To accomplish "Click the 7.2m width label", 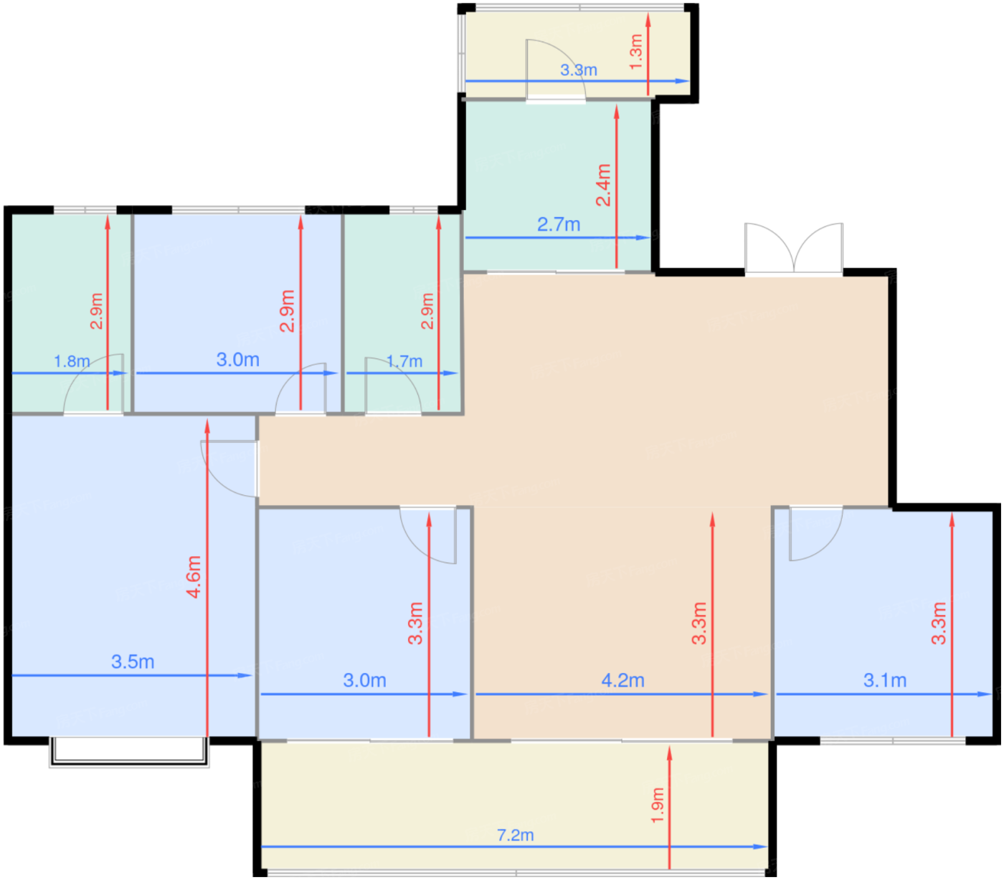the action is pos(515,835).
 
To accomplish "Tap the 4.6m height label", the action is pos(194,576).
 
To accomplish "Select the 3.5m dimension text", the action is pos(133,661).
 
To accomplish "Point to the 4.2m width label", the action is pos(622,681).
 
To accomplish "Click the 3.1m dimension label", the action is pos(884,681).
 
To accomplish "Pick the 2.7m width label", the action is pos(559,224).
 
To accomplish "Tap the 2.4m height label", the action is pos(603,185).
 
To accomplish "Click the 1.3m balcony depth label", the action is pos(636,52).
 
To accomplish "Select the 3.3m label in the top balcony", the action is pos(578,70).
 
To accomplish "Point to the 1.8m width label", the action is pos(72,361).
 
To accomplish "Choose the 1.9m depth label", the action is pos(657,805).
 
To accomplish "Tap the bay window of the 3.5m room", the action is pos(129,752).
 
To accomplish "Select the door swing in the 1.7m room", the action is pos(393,386).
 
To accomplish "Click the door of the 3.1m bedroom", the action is pos(815,533).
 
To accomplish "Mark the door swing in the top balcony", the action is pos(555,70).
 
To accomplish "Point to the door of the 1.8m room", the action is pos(93,384).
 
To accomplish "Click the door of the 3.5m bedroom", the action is pos(229,468).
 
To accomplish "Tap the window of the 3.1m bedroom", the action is pos(893,741).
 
